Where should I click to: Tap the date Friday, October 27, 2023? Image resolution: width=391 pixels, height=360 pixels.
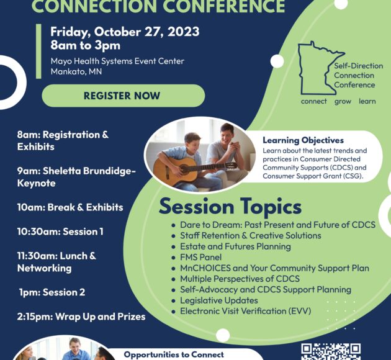[125, 32]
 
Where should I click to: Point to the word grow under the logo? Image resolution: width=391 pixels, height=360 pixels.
[343, 101]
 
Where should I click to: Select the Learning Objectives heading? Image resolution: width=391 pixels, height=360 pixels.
[303, 140]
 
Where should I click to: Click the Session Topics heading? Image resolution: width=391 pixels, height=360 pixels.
[230, 207]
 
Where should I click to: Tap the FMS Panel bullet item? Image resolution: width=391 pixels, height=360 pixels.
[200, 257]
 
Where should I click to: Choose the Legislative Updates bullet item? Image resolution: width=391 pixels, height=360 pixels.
[219, 300]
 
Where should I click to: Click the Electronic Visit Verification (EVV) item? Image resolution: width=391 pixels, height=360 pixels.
[246, 311]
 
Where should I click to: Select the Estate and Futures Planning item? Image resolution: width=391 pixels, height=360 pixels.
[235, 246]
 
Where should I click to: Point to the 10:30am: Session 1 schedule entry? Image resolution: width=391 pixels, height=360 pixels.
[60, 232]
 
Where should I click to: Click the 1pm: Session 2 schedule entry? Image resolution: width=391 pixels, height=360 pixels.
[52, 292]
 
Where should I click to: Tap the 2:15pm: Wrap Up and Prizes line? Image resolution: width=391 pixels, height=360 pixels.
[81, 317]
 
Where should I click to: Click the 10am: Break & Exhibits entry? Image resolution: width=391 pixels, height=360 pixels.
[70, 207]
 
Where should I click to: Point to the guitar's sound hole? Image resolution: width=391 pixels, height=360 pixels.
[184, 169]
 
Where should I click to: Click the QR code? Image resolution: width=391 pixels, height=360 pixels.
[331, 351]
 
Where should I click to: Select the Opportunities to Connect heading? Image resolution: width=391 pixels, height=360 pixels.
[174, 354]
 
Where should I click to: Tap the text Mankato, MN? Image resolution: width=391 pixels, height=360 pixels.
[76, 71]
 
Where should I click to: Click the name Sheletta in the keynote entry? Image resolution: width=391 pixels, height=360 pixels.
[61, 171]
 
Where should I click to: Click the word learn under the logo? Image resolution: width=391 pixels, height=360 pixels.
[367, 101]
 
